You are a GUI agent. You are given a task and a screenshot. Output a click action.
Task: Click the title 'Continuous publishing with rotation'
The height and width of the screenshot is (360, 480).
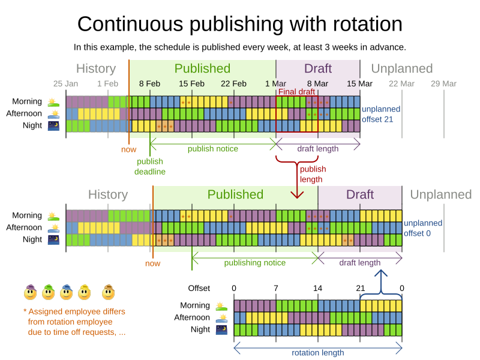240,24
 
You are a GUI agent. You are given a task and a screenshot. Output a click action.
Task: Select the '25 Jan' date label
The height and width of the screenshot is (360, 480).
65,84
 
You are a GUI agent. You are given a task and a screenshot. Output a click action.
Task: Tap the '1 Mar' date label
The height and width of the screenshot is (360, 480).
275,84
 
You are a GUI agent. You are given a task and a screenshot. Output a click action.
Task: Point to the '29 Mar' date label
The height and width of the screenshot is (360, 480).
443,84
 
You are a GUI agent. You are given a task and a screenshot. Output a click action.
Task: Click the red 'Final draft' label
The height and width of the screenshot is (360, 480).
296,92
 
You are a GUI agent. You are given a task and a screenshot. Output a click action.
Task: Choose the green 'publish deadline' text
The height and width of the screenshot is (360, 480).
150,166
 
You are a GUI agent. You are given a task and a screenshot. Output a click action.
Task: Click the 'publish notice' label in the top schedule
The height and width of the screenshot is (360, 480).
213,149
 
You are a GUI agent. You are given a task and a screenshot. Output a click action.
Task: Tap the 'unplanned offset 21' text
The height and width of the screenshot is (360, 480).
380,114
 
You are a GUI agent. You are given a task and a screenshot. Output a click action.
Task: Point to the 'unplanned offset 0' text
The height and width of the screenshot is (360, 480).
422,228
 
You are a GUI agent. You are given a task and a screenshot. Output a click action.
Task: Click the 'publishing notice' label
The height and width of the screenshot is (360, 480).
255,263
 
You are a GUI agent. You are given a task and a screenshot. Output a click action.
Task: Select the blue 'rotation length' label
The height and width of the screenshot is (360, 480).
318,353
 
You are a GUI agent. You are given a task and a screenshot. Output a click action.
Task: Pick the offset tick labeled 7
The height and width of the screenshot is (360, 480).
276,289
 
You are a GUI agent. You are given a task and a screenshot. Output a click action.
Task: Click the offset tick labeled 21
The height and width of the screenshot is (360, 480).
360,289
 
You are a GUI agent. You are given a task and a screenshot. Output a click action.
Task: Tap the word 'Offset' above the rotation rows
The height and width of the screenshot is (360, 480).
199,289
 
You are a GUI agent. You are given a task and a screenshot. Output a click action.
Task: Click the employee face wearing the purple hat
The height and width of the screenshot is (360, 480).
31,292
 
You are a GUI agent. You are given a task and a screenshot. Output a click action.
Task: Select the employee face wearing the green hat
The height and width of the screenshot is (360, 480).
49,292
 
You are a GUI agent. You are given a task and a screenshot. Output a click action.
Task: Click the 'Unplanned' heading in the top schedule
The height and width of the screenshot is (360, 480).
401,68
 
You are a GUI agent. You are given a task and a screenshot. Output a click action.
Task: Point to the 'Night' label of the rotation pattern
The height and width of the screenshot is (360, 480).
200,329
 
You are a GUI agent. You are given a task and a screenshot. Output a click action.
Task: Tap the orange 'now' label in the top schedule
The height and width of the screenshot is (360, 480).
128,149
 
